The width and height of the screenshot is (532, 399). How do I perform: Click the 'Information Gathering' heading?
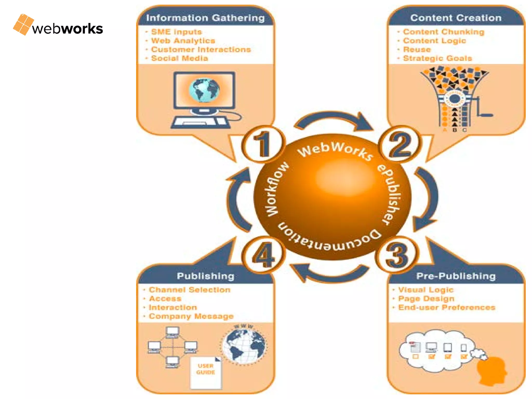[205, 18]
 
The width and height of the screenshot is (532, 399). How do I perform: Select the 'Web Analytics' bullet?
[183, 41]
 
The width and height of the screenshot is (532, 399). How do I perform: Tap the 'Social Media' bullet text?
[179, 58]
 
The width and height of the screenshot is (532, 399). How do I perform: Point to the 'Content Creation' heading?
[456, 18]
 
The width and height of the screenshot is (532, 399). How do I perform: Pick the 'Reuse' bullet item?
[417, 49]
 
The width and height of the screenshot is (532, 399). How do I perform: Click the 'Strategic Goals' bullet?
[437, 58]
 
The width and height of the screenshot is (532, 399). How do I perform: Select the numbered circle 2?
[400, 144]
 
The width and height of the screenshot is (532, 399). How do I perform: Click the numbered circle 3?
[396, 255]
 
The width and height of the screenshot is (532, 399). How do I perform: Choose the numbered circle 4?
[263, 255]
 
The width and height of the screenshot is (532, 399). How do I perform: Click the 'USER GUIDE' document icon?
[206, 373]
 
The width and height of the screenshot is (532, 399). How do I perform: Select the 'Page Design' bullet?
[426, 299]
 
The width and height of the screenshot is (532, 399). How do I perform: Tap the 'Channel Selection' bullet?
[189, 290]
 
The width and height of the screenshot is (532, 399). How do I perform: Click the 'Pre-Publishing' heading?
[456, 276]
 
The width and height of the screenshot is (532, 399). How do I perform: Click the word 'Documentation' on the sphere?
[330, 240]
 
